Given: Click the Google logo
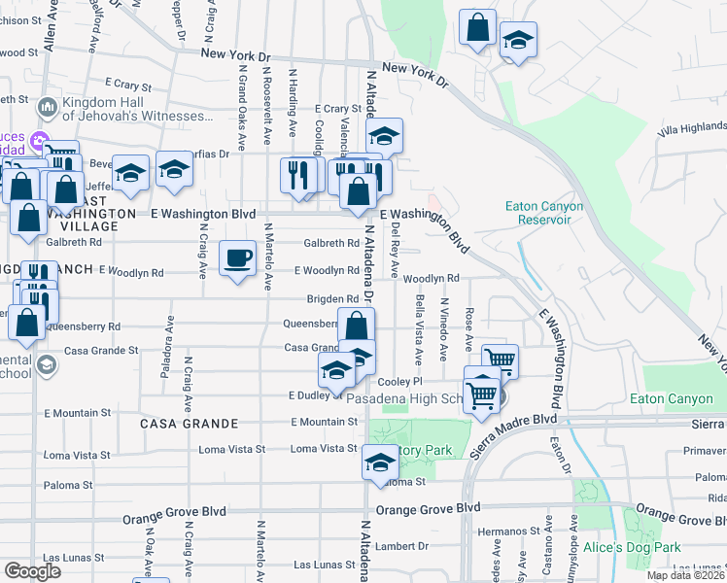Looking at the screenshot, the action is coord(32,570).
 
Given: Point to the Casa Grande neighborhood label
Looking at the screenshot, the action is coord(189,424).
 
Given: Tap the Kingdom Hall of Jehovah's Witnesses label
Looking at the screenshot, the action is coord(134,109).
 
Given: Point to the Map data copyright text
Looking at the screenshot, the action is coord(686,575).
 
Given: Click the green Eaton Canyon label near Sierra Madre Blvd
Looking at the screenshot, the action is coord(677,398).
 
